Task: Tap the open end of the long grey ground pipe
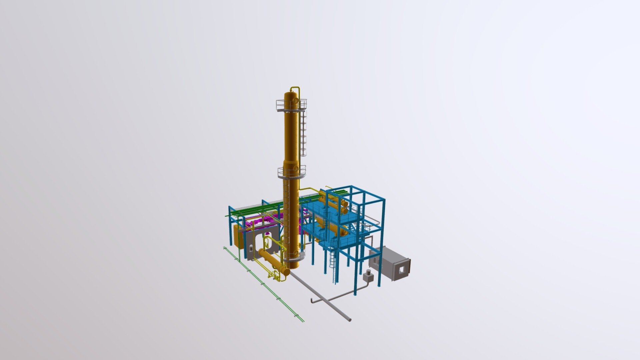(349, 320)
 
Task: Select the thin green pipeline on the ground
(267, 287)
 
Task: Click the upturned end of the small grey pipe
(313, 301)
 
